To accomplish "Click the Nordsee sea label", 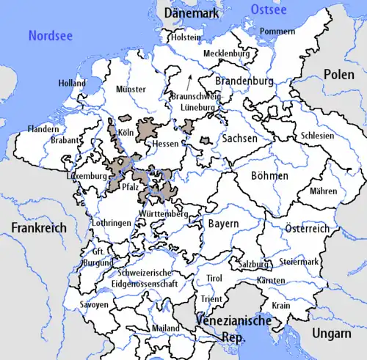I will pyautogui.click(x=50, y=34).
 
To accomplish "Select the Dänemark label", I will pyautogui.click(x=193, y=13).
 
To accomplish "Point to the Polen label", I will pyautogui.click(x=339, y=76).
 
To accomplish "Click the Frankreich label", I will pyautogui.click(x=38, y=228).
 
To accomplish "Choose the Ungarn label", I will pyautogui.click(x=330, y=334).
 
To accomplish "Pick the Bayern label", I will pyautogui.click(x=222, y=223).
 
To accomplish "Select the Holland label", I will pyautogui.click(x=72, y=84).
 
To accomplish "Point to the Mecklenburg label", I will pyautogui.click(x=226, y=54).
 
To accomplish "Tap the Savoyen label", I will pyautogui.click(x=93, y=304).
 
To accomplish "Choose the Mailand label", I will pyautogui.click(x=164, y=328).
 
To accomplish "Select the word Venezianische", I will pyautogui.click(x=234, y=321).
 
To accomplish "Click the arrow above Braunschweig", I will pyautogui.click(x=190, y=78).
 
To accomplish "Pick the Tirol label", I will pyautogui.click(x=214, y=279).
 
